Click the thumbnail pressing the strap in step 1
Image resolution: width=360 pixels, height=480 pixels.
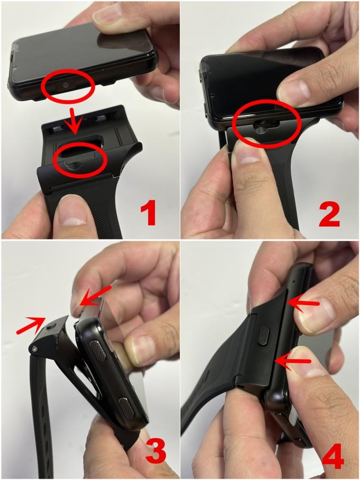(x=74, y=214)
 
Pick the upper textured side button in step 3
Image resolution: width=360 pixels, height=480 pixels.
(x=99, y=349)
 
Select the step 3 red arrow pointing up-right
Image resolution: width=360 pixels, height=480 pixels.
(x=32, y=326)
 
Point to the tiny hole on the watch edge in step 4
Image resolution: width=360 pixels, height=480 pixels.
(x=294, y=280)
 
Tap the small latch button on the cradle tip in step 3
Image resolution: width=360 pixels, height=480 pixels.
(x=52, y=325)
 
